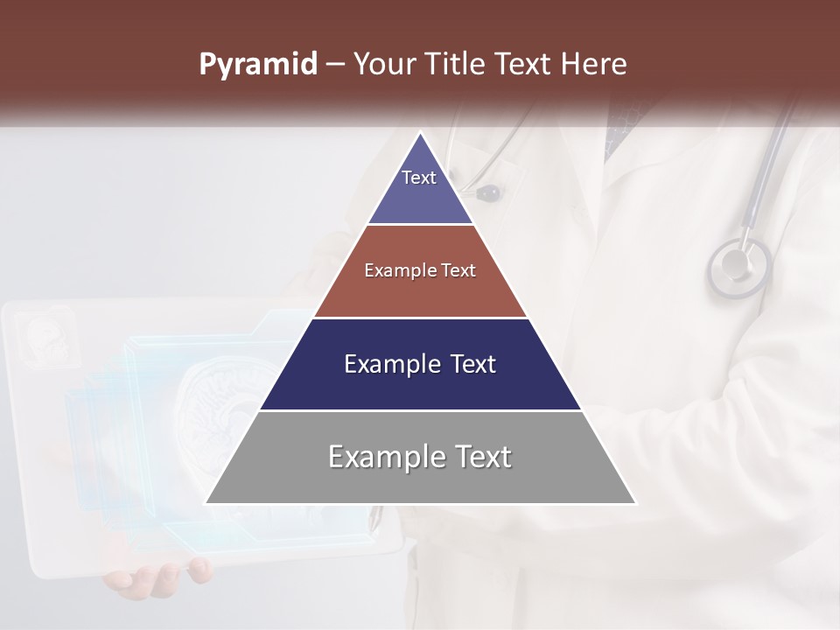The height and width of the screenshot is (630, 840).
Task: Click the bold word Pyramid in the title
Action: [x=258, y=65]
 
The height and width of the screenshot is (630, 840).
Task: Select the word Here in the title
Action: [x=594, y=65]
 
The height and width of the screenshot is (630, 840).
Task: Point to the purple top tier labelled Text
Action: [x=420, y=188]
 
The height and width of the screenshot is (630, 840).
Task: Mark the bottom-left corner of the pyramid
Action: [x=207, y=502]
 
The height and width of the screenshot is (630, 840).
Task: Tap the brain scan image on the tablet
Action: [x=219, y=402]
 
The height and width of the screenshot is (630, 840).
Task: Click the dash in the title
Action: [x=334, y=65]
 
